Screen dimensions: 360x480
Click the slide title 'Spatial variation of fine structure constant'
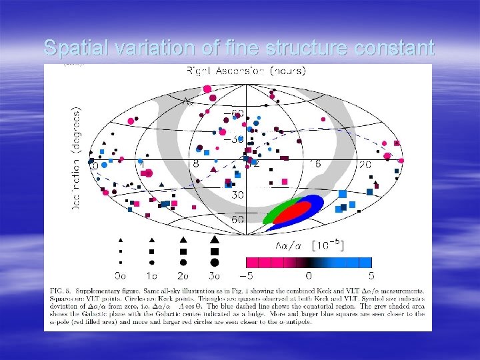coord(239,48)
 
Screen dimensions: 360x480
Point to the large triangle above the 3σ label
coord(215,239)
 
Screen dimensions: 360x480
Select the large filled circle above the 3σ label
coord(215,263)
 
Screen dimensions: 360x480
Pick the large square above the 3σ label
coord(215,251)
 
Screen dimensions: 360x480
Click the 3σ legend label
coord(214,275)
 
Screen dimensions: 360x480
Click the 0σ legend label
coord(121,275)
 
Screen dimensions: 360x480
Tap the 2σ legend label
coord(183,275)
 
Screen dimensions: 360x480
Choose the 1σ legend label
coord(152,275)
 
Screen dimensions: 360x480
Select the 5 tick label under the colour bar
coord(371,275)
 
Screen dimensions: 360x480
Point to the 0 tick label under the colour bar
coord(309,275)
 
